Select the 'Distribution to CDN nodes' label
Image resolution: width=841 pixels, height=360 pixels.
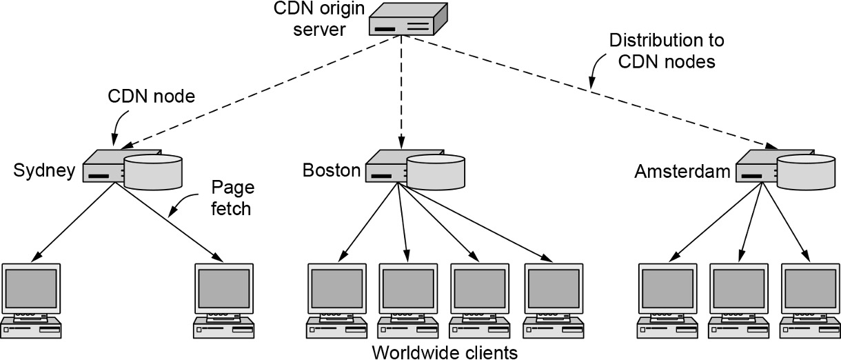point(667,50)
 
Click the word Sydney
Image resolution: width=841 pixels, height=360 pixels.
point(43,171)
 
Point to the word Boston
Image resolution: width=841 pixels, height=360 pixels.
point(332,170)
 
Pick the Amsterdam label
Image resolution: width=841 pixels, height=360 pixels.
point(682,171)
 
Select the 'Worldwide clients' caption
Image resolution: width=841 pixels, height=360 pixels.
point(444,352)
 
